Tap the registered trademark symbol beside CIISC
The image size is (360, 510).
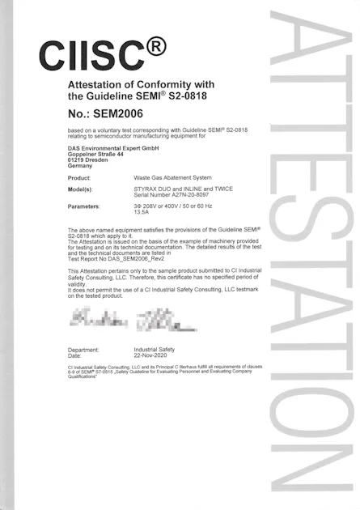156,45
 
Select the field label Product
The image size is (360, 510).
79,177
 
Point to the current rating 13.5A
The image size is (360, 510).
142,213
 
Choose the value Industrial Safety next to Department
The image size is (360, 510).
159,350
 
